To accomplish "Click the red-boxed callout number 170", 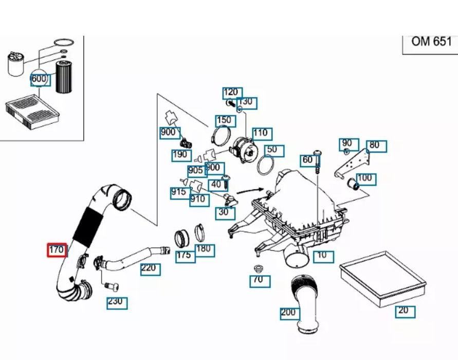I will tap(56, 250).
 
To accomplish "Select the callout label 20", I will tap(405, 311).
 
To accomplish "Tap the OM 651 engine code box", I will tap(431, 42).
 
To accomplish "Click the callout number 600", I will tap(40, 79).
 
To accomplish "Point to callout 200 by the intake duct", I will tap(289, 313).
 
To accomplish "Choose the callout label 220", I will tap(150, 268).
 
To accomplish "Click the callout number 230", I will tap(116, 302).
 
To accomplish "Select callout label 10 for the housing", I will tap(322, 255).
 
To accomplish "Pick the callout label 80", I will tap(376, 146).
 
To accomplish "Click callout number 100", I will tap(365, 179).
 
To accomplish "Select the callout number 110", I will tap(261, 133).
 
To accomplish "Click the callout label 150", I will tap(225, 120).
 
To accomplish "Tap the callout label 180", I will tap(204, 250).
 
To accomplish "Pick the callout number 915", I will tap(178, 193).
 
